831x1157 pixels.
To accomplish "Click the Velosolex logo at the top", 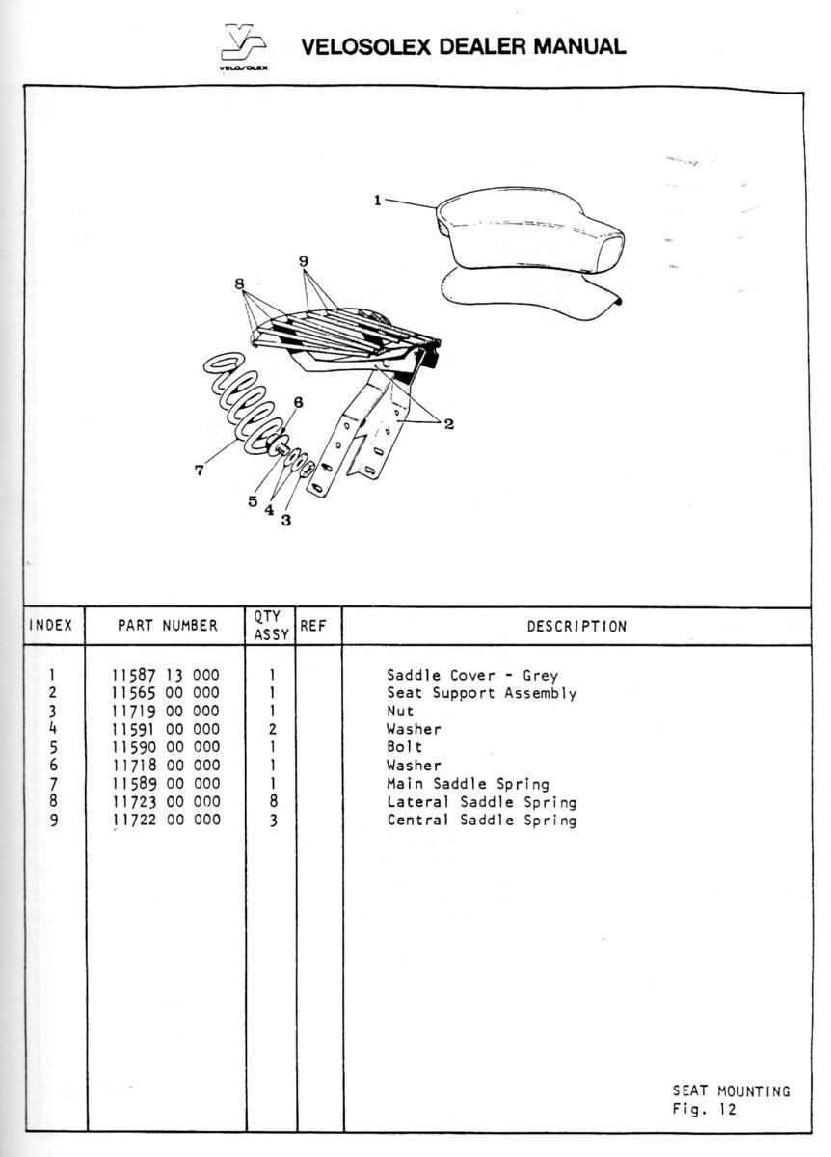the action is [x=244, y=46].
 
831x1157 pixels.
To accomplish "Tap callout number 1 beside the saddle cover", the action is [x=378, y=200].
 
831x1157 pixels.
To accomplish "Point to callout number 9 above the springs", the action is [x=304, y=261].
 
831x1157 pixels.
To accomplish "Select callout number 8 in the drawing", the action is [x=239, y=283].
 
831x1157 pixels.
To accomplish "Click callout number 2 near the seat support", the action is [x=449, y=423].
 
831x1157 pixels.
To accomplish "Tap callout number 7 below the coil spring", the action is [x=200, y=470].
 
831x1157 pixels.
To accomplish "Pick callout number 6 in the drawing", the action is [x=299, y=402].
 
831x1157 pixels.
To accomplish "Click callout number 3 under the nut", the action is [x=286, y=520].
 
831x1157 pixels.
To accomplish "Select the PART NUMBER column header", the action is [x=168, y=625].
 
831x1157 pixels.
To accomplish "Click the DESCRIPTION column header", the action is [x=576, y=626].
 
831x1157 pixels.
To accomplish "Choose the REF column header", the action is [x=313, y=626].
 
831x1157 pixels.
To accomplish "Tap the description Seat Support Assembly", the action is [x=482, y=693].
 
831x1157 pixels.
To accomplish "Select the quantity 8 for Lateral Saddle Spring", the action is [x=273, y=801].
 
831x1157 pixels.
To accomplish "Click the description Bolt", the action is [x=404, y=747].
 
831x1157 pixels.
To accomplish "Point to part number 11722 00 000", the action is [x=167, y=820].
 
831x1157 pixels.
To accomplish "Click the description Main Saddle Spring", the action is [x=468, y=784].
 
